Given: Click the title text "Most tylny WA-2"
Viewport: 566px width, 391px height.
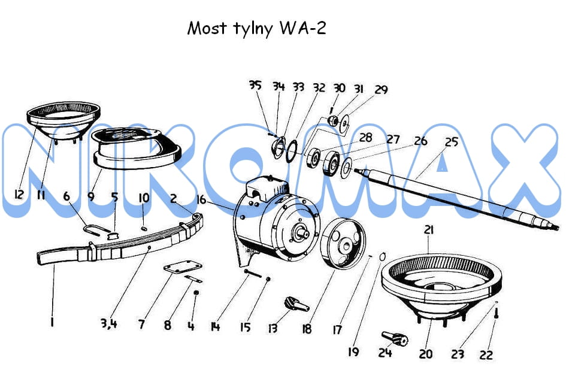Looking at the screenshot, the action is click(x=257, y=29).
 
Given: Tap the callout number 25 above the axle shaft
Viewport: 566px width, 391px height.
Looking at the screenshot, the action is click(x=451, y=142).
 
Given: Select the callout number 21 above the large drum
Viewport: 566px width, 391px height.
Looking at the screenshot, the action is click(x=428, y=230).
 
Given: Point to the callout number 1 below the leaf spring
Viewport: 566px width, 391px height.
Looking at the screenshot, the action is click(x=52, y=322).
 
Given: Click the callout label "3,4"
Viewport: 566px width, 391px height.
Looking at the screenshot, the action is click(x=108, y=323).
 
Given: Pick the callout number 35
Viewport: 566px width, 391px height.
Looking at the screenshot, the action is click(x=255, y=85).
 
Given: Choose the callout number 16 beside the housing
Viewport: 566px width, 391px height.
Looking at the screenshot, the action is click(x=201, y=199).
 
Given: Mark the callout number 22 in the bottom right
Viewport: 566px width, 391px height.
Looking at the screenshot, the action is click(x=486, y=354).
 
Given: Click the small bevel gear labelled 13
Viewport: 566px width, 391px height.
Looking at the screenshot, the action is click(x=296, y=304).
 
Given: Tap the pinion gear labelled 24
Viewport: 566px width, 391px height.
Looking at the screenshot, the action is click(x=395, y=338).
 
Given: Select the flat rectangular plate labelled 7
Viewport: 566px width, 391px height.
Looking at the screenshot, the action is click(x=183, y=268).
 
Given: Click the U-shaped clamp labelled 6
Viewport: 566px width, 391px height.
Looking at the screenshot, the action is click(x=97, y=229).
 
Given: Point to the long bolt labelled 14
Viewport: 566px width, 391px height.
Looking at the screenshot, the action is click(x=253, y=273).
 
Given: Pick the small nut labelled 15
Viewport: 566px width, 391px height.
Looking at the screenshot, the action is click(x=268, y=279).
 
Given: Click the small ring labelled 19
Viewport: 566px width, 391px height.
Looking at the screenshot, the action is click(x=383, y=256).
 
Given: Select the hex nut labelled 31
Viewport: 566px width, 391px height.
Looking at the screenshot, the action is click(x=333, y=120).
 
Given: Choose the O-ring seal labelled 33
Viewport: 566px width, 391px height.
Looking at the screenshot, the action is click(x=292, y=152).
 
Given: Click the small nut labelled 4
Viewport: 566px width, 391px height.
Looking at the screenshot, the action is click(x=196, y=292).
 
